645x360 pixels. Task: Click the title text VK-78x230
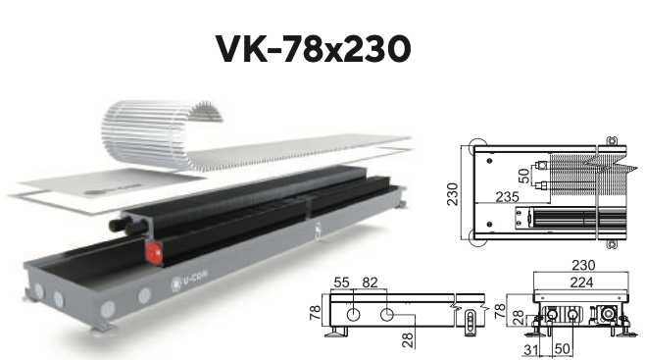pyautogui.click(x=313, y=48)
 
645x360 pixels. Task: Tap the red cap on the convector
pyautogui.click(x=155, y=253)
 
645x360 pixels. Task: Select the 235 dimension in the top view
pyautogui.click(x=507, y=196)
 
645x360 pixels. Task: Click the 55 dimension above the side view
pyautogui.click(x=341, y=283)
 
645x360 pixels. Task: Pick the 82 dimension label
pyautogui.click(x=370, y=283)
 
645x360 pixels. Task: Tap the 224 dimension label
pyautogui.click(x=581, y=283)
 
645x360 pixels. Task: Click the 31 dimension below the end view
pyautogui.click(x=531, y=350)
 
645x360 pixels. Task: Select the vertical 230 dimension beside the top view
pyautogui.click(x=453, y=194)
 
